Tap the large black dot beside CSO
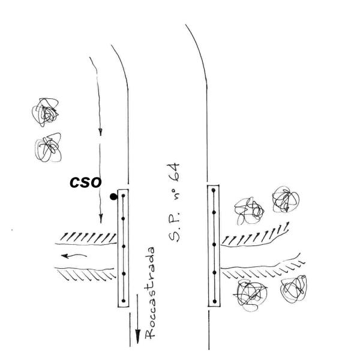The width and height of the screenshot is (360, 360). click(113, 196)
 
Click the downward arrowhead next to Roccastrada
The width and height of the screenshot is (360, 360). click(137, 336)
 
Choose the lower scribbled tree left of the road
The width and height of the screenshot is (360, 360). click(49, 147)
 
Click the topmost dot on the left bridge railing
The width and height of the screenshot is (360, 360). click(122, 197)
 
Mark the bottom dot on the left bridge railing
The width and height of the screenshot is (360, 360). click(122, 300)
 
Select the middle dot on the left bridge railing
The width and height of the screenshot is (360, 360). click(122, 246)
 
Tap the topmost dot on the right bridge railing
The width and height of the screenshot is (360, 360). click(214, 193)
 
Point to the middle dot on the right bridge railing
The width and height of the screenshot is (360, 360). click(214, 245)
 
